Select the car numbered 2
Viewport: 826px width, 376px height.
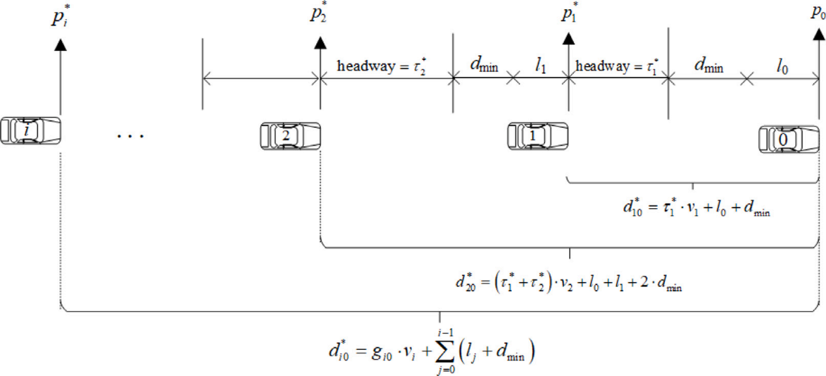point(290,135)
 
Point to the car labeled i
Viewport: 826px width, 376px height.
point(30,131)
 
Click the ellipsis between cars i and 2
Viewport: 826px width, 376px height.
point(129,136)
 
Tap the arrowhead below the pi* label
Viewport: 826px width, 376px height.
point(60,44)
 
